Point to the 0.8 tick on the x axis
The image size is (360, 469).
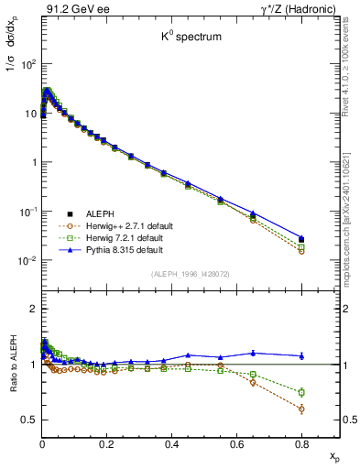(301, 439)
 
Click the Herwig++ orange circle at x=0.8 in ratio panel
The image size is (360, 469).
(301, 409)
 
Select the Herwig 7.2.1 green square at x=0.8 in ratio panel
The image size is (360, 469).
(301, 392)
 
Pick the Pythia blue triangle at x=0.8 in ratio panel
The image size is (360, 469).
(301, 355)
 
